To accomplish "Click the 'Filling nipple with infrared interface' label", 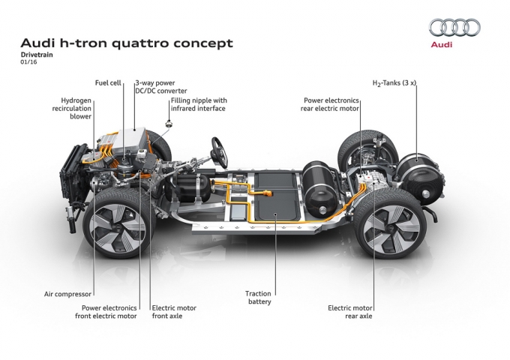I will pos(198,104).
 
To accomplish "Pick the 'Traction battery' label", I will pos(258,298).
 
